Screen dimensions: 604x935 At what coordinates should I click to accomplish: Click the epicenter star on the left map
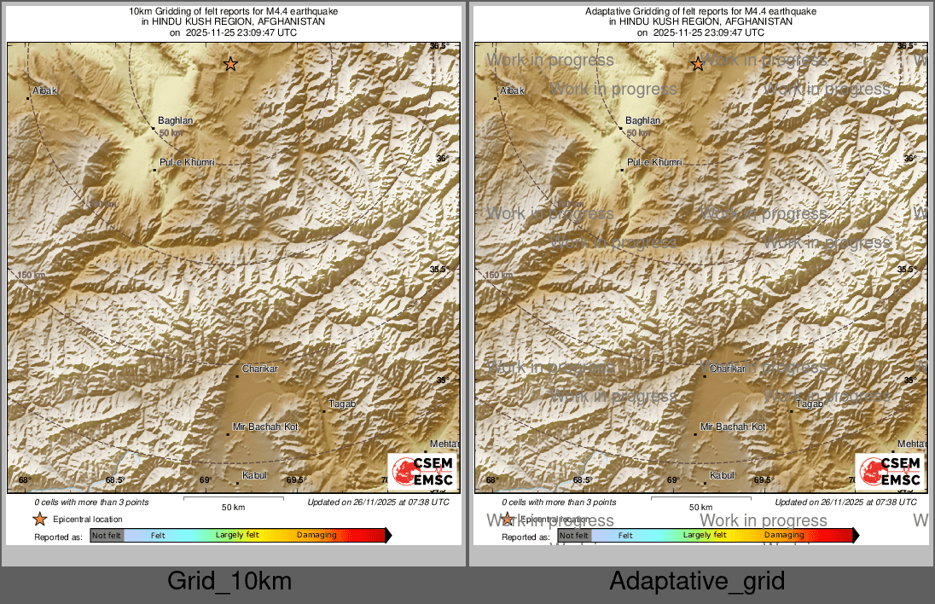[x=229, y=64]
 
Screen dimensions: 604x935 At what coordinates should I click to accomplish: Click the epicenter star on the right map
[x=697, y=64]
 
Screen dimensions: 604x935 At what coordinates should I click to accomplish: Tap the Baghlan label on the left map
[x=176, y=121]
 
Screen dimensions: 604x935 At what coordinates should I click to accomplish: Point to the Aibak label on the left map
[x=44, y=90]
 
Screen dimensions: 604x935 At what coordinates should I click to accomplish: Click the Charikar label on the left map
[x=260, y=369]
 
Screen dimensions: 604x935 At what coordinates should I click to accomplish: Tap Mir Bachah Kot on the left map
[x=265, y=427]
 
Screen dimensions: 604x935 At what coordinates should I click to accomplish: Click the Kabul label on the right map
[x=722, y=475]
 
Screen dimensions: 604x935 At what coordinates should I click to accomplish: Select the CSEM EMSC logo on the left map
[x=421, y=471]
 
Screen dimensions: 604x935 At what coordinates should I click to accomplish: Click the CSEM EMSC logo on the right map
[x=889, y=471]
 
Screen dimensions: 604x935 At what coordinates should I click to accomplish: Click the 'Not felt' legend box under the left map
[x=107, y=536]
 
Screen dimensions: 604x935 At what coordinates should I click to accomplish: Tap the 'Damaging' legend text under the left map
[x=317, y=536]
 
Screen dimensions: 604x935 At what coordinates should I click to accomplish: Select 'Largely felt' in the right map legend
[x=705, y=536]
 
